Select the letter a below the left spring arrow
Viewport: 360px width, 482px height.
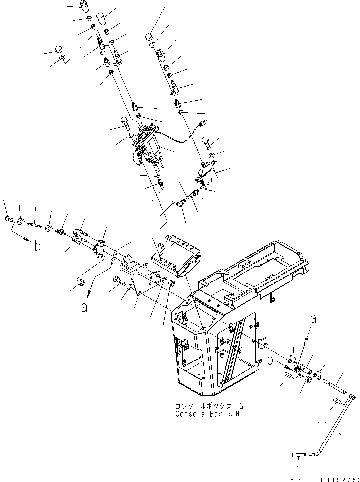point(84,307)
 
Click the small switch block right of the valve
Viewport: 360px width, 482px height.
point(203,175)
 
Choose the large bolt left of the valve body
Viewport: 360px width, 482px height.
point(125,121)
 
